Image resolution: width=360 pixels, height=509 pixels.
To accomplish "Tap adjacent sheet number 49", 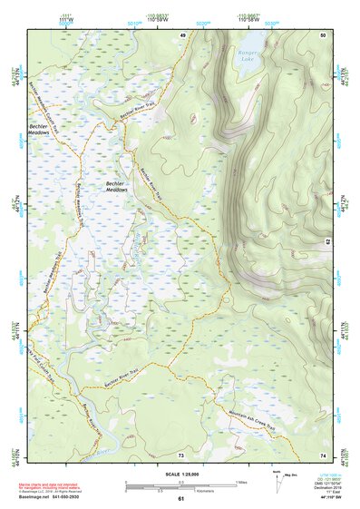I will click(182, 34).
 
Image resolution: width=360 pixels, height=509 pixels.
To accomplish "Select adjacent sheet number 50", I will click(322, 34).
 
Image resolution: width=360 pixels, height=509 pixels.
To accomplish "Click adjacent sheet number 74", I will click(322, 454).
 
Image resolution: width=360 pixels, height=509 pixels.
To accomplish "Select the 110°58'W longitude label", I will click(244, 21).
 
